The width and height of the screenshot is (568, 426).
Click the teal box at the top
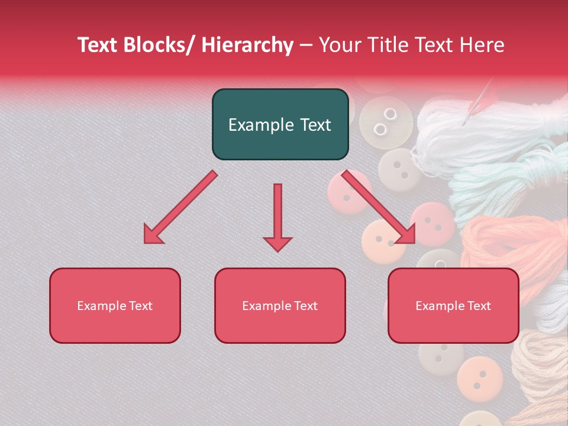point(280,124)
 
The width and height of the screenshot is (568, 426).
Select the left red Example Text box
point(115,305)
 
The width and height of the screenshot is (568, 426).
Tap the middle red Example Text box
point(280,305)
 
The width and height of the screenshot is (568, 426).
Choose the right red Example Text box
point(453,305)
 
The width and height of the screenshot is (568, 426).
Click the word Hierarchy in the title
point(247,45)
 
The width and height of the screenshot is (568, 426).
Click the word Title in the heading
point(391,45)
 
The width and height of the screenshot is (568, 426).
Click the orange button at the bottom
point(479,375)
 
